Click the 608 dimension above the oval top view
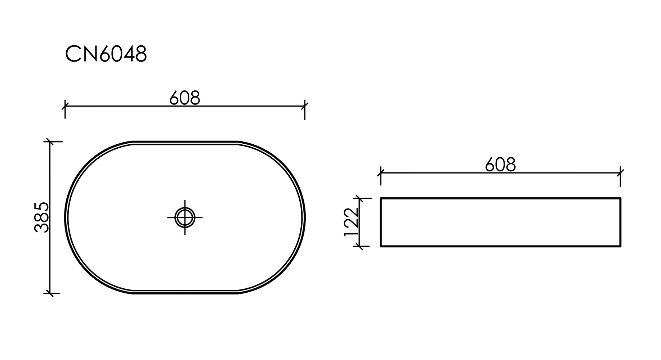[x=184, y=98]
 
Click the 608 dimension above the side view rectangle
[x=500, y=165]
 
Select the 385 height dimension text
[x=42, y=217]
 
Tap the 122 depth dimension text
[x=351, y=222]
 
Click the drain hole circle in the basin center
[x=185, y=217]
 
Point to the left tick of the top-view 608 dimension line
[x=65, y=106]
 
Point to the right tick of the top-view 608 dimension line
[x=305, y=106]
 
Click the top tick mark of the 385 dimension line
[x=50, y=142]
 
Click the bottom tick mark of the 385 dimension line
[x=50, y=293]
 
